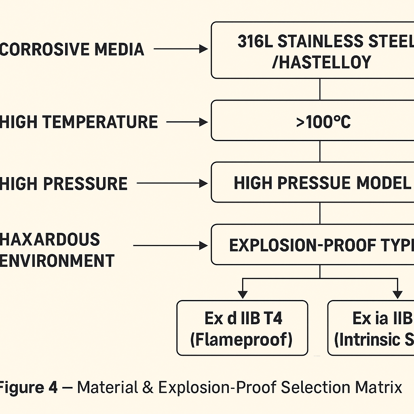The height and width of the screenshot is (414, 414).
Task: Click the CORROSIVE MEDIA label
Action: tap(72, 49)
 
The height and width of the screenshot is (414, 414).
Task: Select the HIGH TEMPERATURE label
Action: tap(79, 122)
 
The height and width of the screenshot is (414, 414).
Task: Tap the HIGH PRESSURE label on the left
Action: tap(64, 184)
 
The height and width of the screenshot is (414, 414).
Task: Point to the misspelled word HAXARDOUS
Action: tap(50, 239)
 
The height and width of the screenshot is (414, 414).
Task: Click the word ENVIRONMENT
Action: tap(57, 261)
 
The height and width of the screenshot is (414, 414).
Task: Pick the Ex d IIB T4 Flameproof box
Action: tap(242, 328)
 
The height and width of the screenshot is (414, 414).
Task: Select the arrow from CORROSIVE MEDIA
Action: tap(180, 49)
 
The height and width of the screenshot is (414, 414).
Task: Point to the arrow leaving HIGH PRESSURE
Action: tap(172, 184)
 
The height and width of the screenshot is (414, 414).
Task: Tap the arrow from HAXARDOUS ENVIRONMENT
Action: tap(170, 245)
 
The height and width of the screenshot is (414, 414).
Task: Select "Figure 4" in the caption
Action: tap(28, 388)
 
